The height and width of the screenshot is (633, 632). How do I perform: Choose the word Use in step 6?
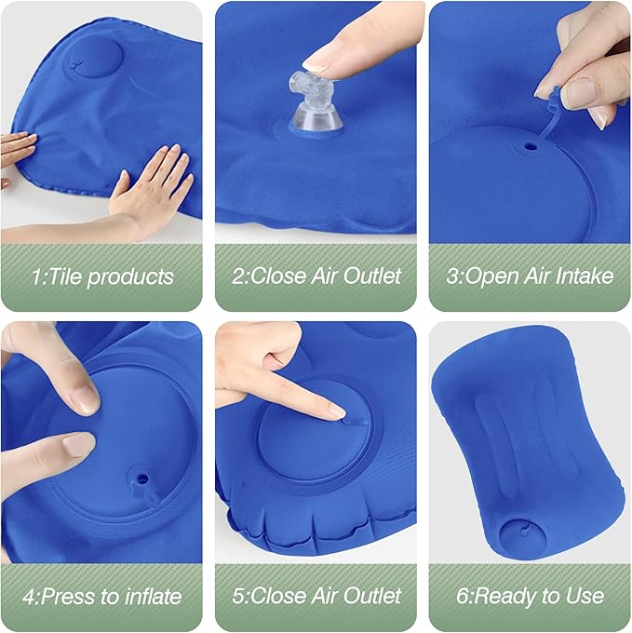pos(585,596)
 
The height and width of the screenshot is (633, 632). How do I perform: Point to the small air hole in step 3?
pos(531,146)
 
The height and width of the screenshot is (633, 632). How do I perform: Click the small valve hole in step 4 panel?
pos(142,480)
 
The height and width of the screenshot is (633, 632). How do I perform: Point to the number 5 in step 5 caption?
pos(238,596)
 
